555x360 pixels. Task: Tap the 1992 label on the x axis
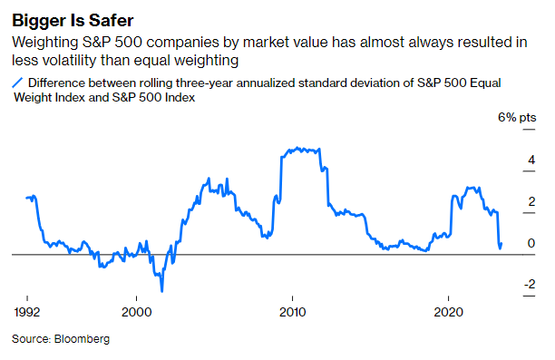pos(27,308)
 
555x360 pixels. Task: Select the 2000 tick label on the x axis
pos(136,308)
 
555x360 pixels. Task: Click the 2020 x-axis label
pos(450,308)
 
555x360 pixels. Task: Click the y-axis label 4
pos(532,160)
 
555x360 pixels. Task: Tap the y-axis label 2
pos(532,201)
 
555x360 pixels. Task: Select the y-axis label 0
pos(532,243)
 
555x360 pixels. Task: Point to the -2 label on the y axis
pos(530,285)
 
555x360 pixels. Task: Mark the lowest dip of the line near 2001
pos(161,291)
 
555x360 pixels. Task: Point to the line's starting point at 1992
pos(27,197)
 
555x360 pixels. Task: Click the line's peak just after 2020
pos(468,188)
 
